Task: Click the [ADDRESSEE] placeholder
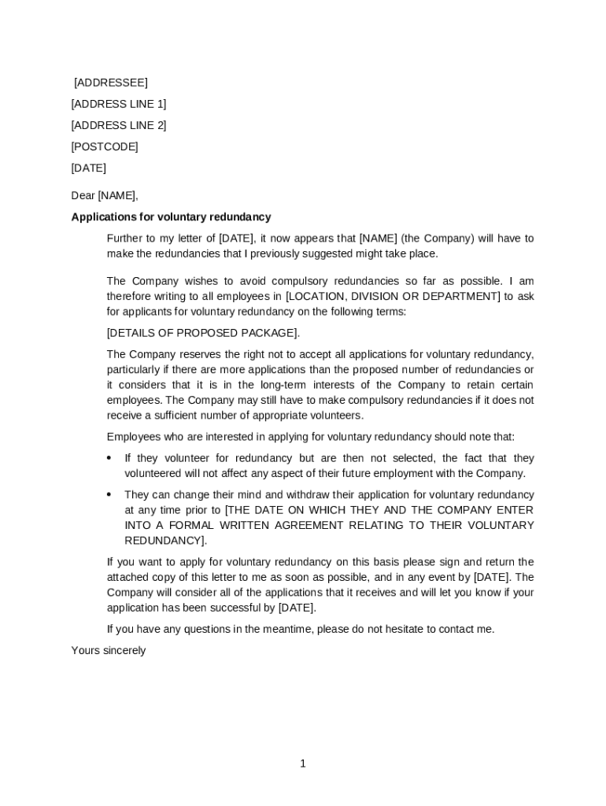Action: tap(111, 83)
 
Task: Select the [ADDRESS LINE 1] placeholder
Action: tap(119, 104)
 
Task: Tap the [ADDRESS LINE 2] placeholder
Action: tap(119, 125)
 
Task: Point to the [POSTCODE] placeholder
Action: tap(105, 146)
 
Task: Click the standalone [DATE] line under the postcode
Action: tap(89, 168)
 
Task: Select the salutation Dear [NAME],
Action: tap(105, 195)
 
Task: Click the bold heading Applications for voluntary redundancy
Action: tap(171, 217)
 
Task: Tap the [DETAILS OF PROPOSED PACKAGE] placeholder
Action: tap(203, 333)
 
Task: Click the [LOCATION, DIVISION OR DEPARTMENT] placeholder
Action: tap(393, 296)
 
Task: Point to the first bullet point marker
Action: tap(109, 458)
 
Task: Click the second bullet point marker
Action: tap(109, 494)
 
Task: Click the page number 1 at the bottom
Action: tap(302, 763)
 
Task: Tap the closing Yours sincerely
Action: tap(109, 651)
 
